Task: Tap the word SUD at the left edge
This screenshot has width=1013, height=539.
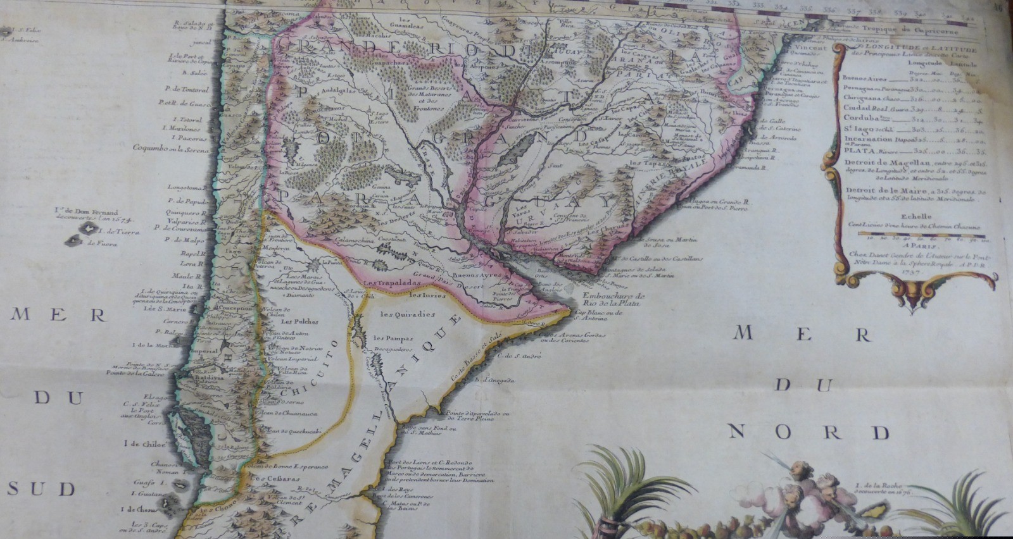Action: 41,488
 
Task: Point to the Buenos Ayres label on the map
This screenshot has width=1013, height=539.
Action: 479,276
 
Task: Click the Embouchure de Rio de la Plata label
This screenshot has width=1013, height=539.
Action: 613,299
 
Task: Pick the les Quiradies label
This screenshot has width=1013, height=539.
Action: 408,314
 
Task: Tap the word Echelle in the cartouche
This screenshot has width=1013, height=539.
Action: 916,216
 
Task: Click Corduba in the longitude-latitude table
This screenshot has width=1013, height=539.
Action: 861,118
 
